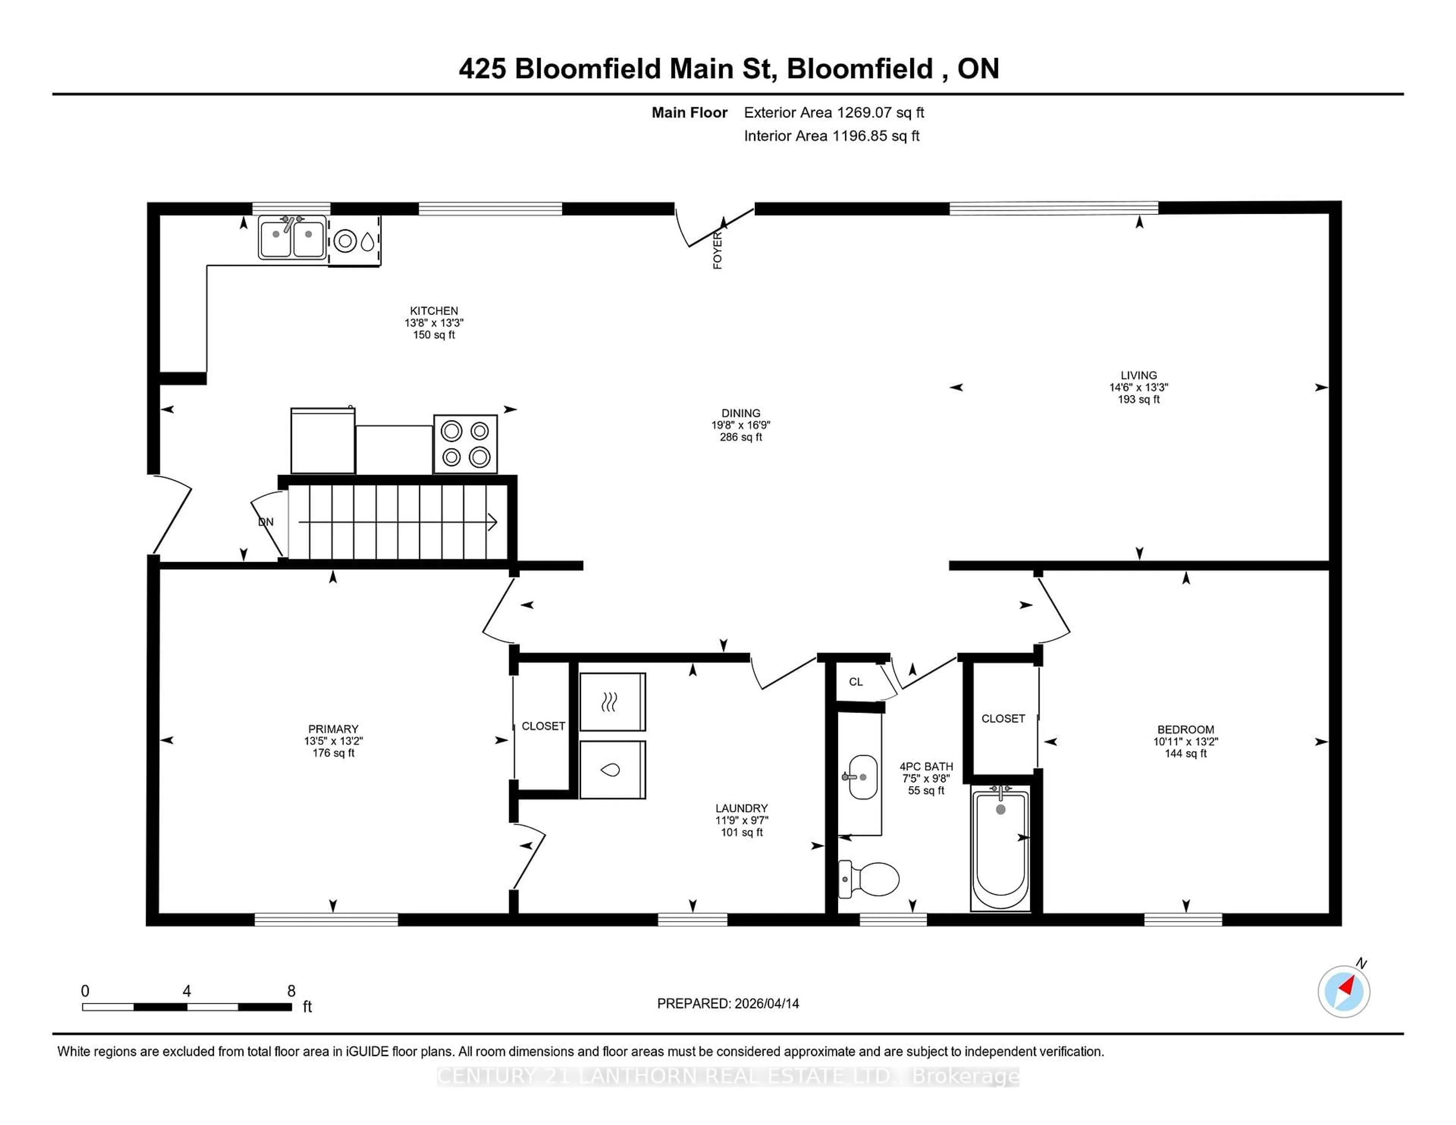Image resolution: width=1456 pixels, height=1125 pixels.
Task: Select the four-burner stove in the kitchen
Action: [465, 444]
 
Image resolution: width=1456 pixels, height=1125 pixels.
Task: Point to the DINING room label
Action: [740, 413]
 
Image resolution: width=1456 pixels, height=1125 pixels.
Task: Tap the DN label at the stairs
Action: [266, 522]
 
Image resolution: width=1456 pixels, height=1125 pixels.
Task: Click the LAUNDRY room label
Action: [741, 808]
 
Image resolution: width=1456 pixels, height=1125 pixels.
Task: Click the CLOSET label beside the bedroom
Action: [1003, 718]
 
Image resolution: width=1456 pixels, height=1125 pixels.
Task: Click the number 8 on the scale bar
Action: [291, 991]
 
